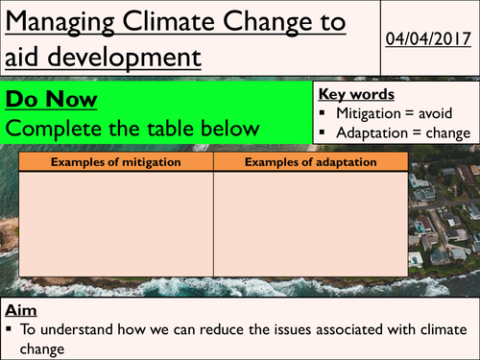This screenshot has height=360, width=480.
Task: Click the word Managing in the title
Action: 62,21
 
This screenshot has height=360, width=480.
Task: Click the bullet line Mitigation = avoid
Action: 395,114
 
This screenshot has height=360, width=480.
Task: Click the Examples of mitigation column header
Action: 115,162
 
